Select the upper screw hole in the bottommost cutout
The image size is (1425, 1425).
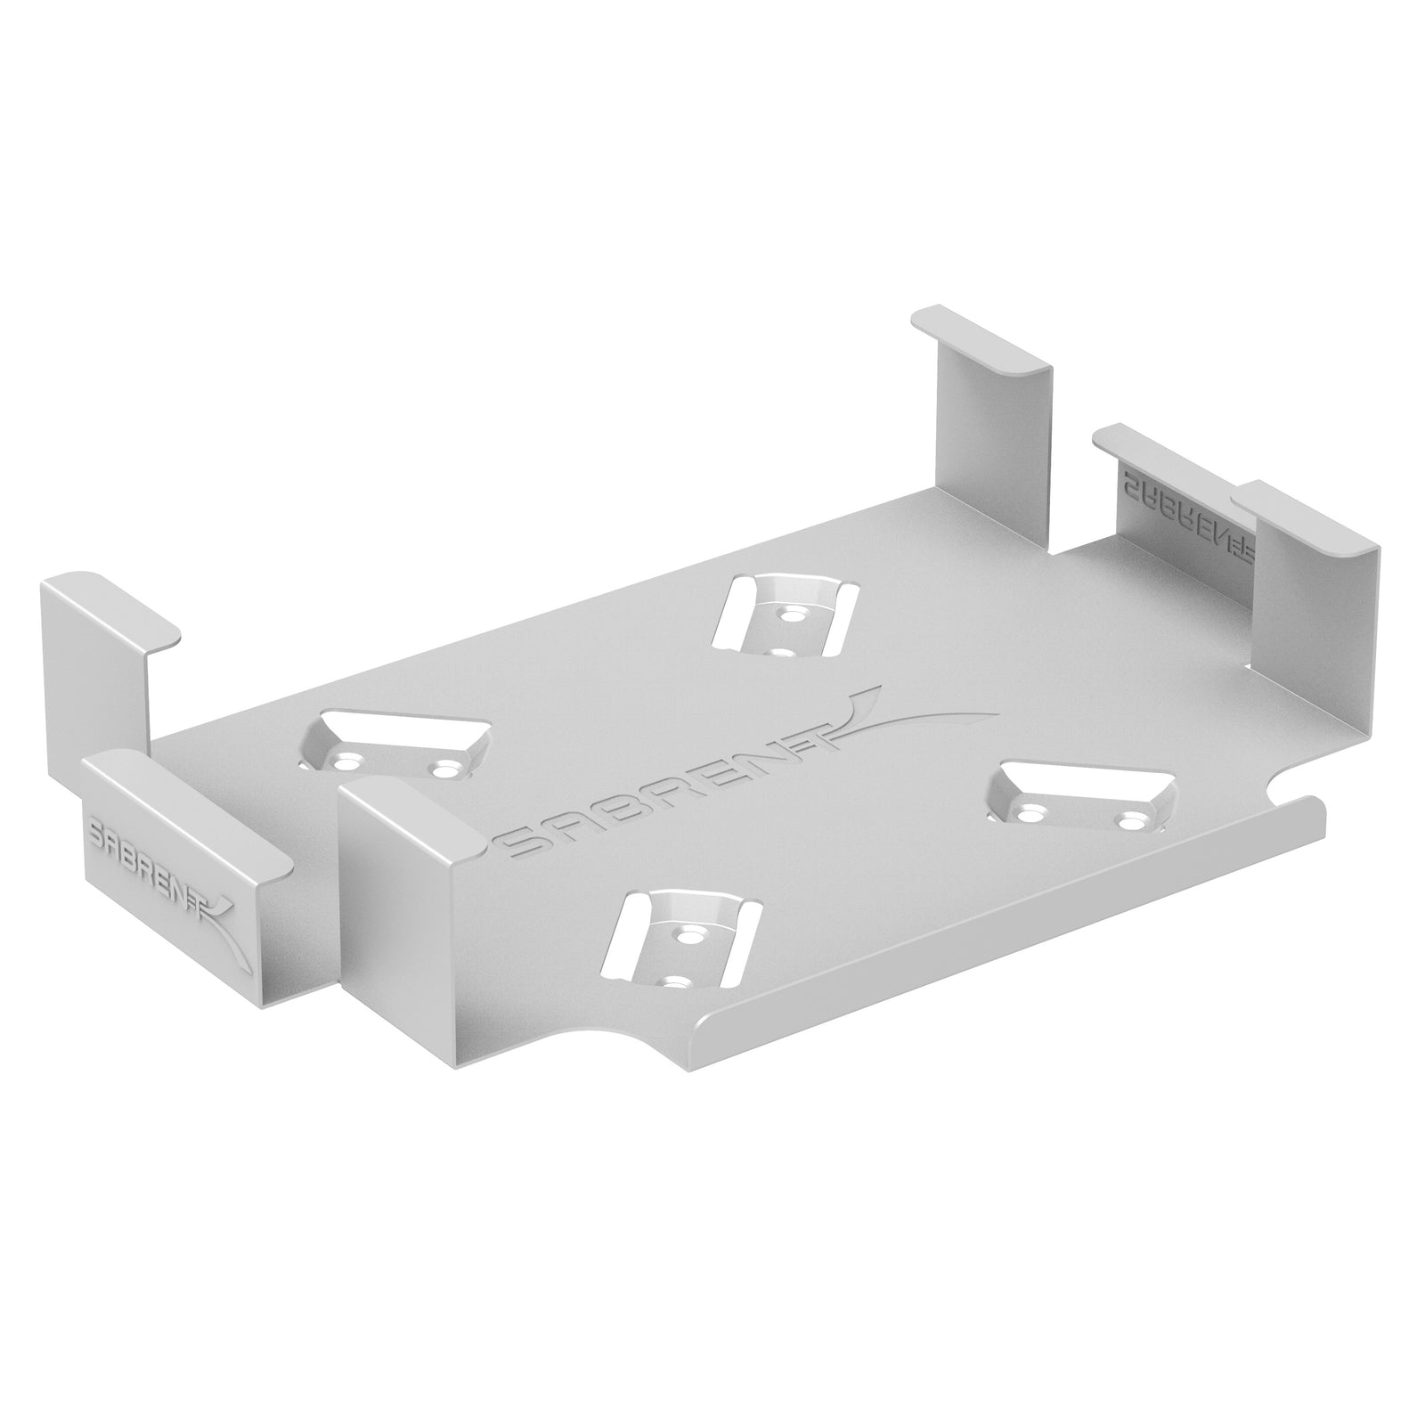tap(688, 935)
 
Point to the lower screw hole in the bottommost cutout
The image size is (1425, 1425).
tap(678, 982)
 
